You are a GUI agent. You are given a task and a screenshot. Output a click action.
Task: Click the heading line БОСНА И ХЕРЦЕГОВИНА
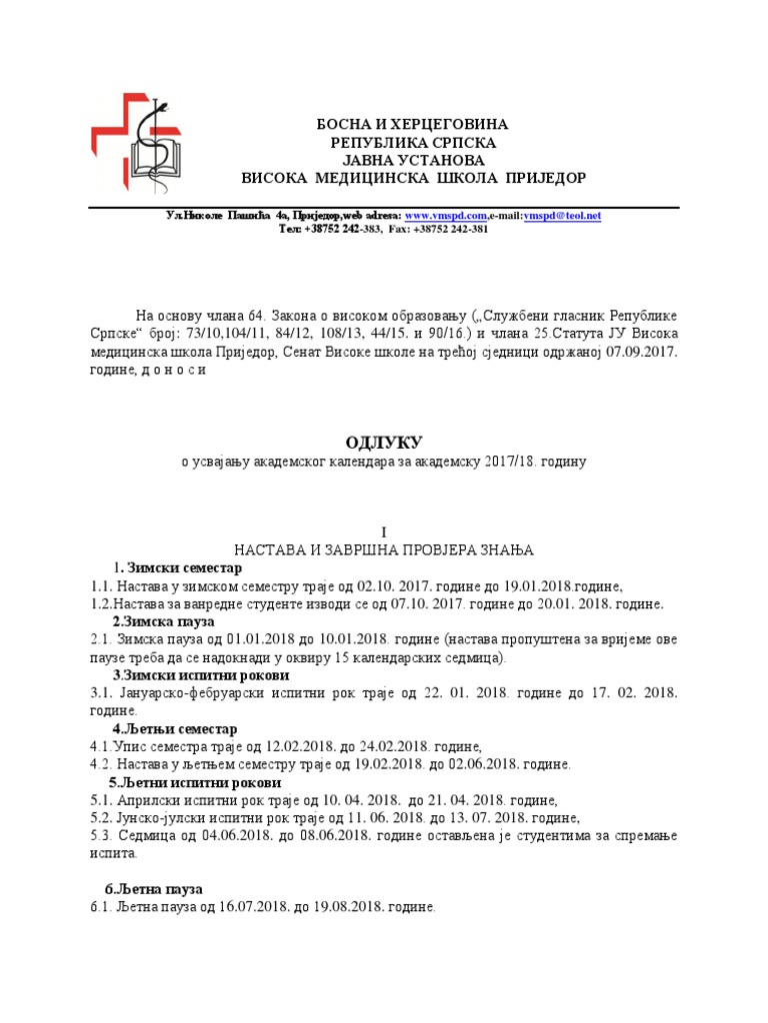413,125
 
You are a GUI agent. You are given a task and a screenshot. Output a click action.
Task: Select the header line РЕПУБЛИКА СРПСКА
413,143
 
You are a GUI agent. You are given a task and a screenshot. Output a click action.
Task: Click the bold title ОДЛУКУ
384,442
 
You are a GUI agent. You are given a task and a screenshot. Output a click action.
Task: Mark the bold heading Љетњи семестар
179,729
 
